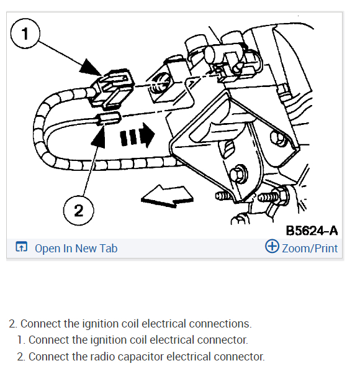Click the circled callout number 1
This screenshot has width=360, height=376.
pyautogui.click(x=25, y=34)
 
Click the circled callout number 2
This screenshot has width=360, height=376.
pyautogui.click(x=79, y=211)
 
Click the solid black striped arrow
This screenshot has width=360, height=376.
pyautogui.click(x=137, y=135)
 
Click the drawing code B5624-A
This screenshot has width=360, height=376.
pyautogui.click(x=312, y=231)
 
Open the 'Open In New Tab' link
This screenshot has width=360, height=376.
pyautogui.click(x=76, y=249)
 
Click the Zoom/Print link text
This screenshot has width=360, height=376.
pyautogui.click(x=310, y=249)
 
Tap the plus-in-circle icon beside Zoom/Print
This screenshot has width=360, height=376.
pyautogui.click(x=272, y=246)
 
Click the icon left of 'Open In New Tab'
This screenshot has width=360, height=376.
pyautogui.click(x=21, y=247)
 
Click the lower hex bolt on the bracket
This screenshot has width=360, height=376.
pyautogui.click(x=239, y=174)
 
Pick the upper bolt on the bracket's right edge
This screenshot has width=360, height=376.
pyautogui.click(x=278, y=137)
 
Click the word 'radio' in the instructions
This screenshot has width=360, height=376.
pyautogui.click(x=102, y=357)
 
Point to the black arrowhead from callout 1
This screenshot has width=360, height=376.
pyautogui.click(x=91, y=68)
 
